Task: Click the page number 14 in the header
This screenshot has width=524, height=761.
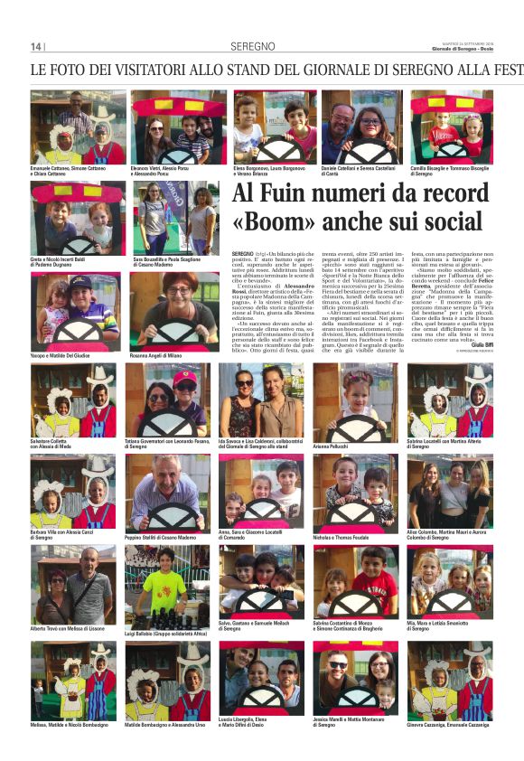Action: click(35, 47)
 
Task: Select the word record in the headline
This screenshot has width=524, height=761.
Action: click(448, 194)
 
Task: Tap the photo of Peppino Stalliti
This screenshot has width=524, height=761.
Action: click(166, 492)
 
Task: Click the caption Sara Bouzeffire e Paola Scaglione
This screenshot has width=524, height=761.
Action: click(167, 261)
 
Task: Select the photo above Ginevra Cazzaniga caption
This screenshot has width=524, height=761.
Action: click(449, 681)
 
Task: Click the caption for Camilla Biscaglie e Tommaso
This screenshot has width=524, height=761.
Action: click(451, 169)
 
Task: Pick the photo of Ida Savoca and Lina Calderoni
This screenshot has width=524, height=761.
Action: click(261, 400)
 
